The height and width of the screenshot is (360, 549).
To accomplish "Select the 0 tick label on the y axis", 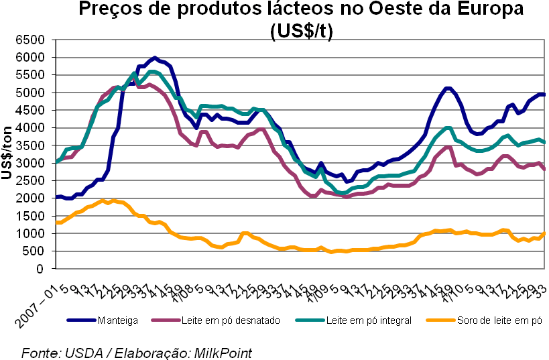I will (x=40, y=269).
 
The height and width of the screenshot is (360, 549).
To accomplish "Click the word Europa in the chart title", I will (x=484, y=10).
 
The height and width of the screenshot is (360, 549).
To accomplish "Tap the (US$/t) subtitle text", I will (x=301, y=30).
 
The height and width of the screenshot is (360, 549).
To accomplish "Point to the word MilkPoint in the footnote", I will (x=221, y=352).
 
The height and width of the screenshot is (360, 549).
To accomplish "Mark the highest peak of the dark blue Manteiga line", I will (x=155, y=58).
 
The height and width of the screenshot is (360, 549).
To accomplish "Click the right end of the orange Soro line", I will (x=544, y=233).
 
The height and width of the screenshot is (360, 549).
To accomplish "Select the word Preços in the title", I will (x=111, y=10).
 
